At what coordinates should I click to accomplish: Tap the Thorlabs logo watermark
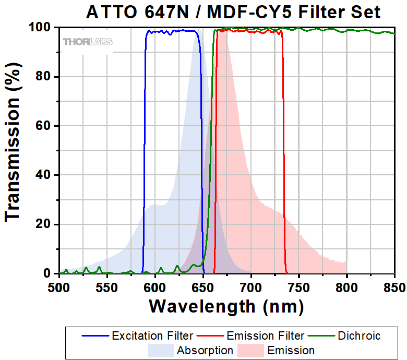(x=87, y=41)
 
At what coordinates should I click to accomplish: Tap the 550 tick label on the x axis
(x=106, y=286)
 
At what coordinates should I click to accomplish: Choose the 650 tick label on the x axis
(x=202, y=286)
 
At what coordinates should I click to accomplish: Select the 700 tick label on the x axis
(x=250, y=286)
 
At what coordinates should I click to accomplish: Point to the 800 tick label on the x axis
(x=346, y=286)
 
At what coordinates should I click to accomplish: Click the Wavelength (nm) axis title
(x=226, y=306)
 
